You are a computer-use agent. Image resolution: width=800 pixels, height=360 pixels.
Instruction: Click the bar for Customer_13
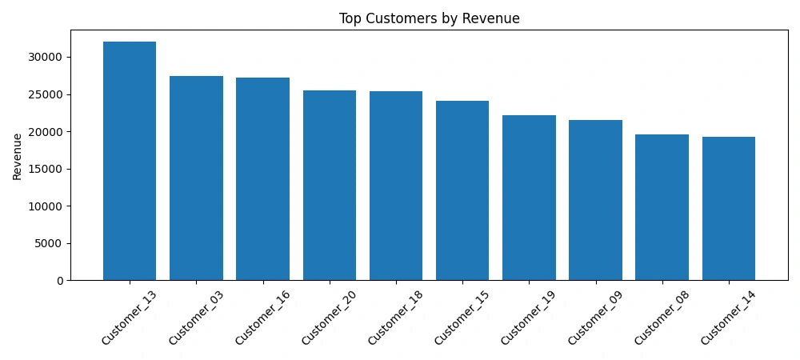130,160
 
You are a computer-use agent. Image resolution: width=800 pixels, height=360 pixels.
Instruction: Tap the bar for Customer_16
262,178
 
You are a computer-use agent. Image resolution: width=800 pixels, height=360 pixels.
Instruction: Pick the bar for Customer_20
330,185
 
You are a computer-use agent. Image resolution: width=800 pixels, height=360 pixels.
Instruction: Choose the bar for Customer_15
462,190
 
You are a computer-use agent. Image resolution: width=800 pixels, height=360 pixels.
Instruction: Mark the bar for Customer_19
529,198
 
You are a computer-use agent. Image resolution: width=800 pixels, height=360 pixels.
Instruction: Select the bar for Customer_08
662,207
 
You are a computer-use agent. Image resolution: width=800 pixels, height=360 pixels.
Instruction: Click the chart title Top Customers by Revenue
429,18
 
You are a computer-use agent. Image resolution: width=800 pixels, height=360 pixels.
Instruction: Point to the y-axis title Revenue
17,155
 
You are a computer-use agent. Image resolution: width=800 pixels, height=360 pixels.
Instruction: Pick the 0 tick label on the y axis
60,281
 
